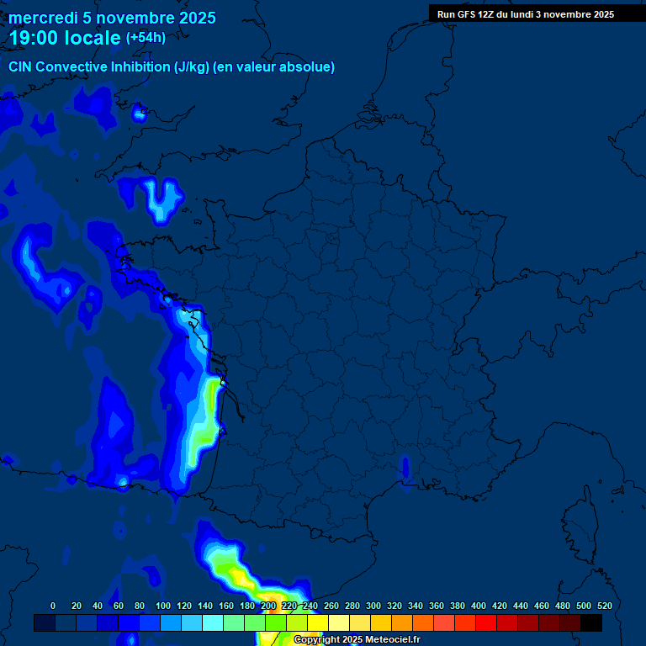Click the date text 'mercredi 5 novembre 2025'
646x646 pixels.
(112, 18)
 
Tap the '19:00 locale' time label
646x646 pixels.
(65, 38)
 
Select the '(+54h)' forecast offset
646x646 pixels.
(146, 38)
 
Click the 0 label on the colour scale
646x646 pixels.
(53, 606)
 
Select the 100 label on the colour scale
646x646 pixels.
(162, 606)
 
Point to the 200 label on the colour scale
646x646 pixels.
(268, 606)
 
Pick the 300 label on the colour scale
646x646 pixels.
(373, 606)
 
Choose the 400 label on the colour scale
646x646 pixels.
(479, 606)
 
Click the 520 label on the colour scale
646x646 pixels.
(604, 606)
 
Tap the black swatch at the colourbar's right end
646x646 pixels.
(591, 623)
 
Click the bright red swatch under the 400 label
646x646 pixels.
(485, 623)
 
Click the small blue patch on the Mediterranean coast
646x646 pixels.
(405, 468)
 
